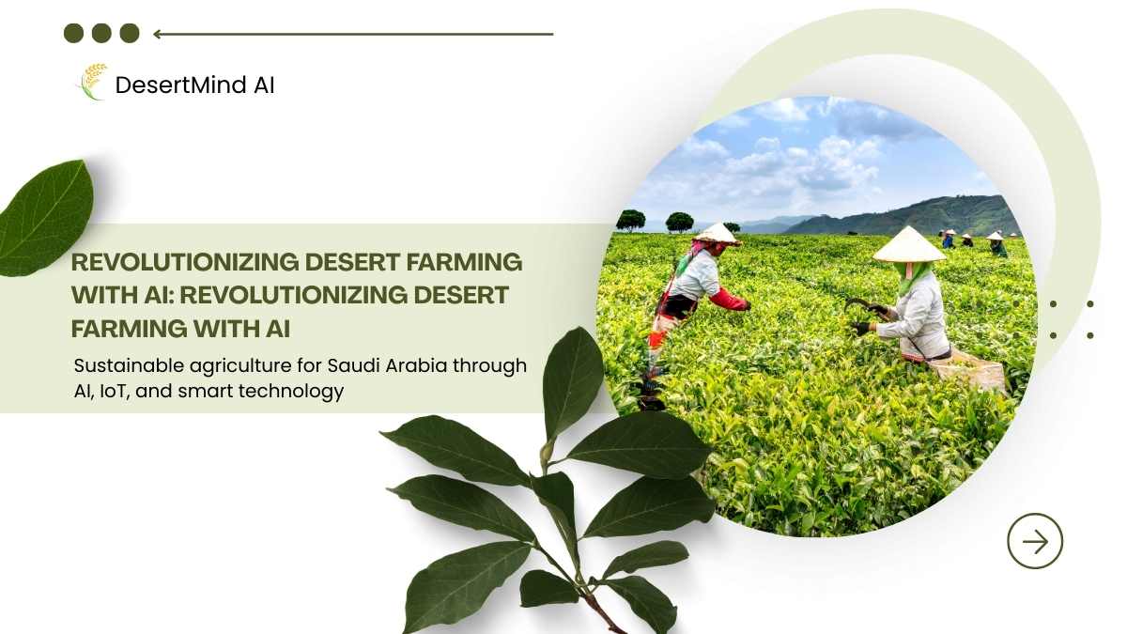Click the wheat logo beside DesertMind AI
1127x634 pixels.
pos(93,82)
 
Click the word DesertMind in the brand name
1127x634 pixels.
pos(180,85)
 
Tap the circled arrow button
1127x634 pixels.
pos(1035,541)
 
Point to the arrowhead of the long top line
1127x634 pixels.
pos(157,34)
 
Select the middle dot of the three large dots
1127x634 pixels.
pos(101,33)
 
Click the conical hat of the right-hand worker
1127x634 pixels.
pos(909,244)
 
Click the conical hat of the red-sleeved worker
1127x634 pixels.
pos(718,234)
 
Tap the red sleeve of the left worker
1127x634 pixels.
pos(728,300)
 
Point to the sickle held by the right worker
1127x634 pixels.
pos(861,306)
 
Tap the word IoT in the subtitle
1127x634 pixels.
pos(116,391)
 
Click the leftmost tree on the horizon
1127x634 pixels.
pos(630,221)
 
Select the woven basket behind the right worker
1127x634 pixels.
pos(968,371)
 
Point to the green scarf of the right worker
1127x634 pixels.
pos(913,277)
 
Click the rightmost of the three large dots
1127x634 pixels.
pos(130,33)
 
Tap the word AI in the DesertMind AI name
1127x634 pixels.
pos(264,85)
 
